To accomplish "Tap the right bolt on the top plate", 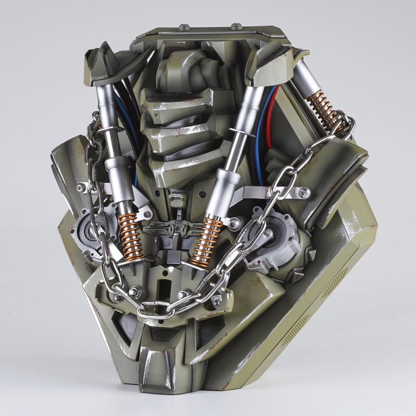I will [237, 25].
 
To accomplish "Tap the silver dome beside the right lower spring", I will [233, 225].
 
